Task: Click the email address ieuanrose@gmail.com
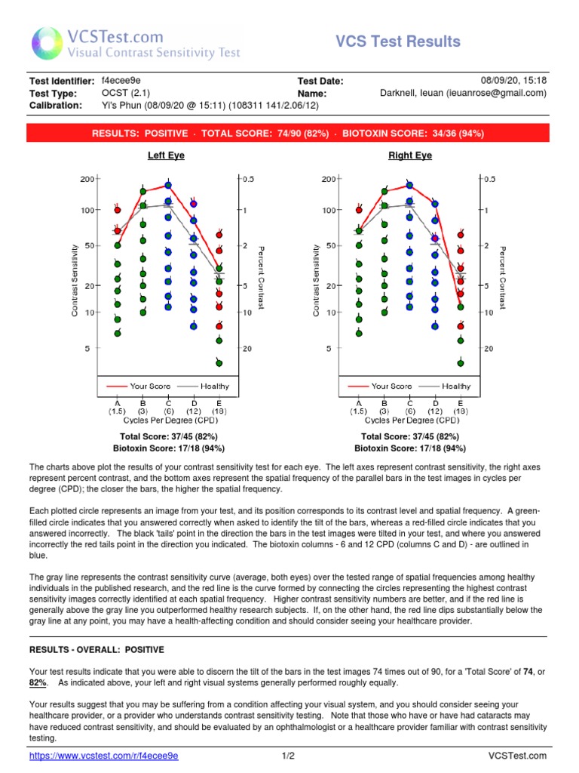click(x=498, y=93)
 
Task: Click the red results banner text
click(x=288, y=133)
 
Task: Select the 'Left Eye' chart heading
click(x=166, y=156)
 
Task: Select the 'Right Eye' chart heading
click(x=409, y=156)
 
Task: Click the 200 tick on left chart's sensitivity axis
click(x=86, y=179)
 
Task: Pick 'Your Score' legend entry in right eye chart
click(x=391, y=386)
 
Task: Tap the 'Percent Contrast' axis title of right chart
click(x=503, y=277)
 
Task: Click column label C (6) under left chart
click(x=168, y=408)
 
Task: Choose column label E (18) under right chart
click(x=460, y=408)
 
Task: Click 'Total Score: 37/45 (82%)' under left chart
click(x=166, y=437)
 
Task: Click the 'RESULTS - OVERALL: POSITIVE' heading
click(x=96, y=649)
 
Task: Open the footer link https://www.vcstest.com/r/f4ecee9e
click(x=103, y=756)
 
